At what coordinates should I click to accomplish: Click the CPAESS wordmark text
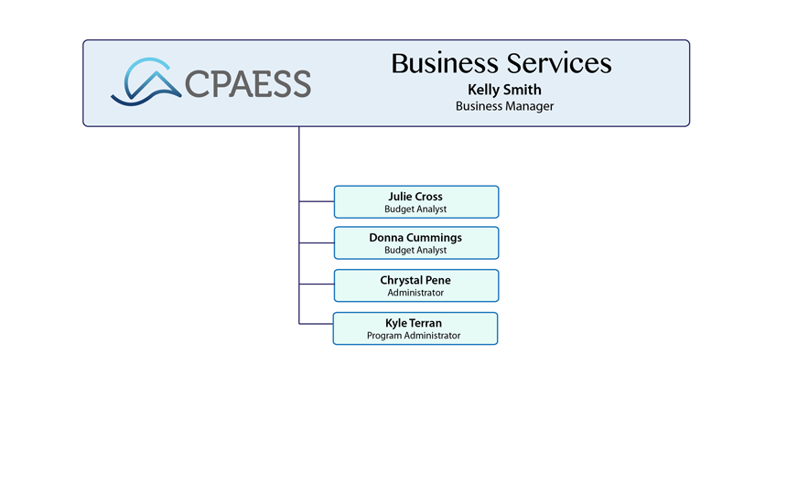[248, 84]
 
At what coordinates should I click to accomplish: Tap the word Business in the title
[444, 63]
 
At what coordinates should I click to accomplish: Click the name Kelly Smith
[504, 90]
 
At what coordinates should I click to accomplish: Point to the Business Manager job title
[504, 106]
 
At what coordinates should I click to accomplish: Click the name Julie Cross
[415, 196]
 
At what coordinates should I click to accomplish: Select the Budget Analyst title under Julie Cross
[415, 210]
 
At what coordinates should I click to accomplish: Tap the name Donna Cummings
[415, 237]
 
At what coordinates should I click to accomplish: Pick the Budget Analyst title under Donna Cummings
[415, 251]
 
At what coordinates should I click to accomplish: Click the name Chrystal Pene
[415, 280]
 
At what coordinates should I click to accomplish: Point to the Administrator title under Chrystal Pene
[415, 293]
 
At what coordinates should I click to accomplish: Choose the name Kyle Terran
[415, 323]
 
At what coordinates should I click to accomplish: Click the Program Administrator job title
[414, 336]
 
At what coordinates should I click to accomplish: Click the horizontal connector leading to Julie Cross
[317, 200]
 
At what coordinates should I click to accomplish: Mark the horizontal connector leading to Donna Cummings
[317, 242]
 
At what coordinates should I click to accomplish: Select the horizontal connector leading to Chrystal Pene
[317, 285]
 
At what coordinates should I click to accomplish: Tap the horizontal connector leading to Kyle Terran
[316, 324]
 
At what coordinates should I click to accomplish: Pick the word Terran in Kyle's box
[426, 323]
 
